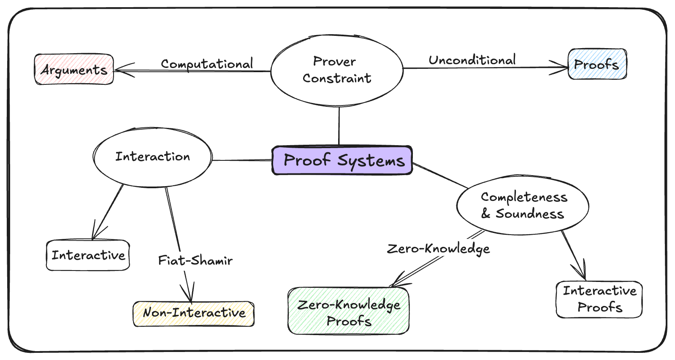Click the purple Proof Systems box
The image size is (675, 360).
(342, 160)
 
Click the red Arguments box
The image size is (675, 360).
(74, 70)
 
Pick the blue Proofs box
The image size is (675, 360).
(597, 65)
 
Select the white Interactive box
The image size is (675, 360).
(88, 255)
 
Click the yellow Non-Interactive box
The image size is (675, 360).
(194, 314)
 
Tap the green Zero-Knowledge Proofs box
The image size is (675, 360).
(348, 311)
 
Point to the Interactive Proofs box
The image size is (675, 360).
(599, 299)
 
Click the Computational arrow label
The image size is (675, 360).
(207, 64)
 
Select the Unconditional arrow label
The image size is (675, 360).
(472, 60)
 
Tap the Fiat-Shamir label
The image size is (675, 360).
(195, 260)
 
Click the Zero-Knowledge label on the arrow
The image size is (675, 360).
(438, 249)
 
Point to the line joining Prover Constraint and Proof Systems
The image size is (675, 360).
(339, 126)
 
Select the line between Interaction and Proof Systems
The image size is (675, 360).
(241, 160)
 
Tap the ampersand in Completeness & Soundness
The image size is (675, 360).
(486, 214)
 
